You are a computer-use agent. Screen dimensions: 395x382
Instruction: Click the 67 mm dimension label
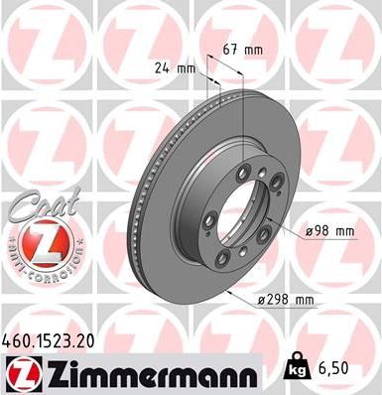click(242, 49)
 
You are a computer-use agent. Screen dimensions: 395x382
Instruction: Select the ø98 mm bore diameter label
click(330, 231)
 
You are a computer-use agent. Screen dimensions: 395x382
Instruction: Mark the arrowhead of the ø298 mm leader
click(227, 293)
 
